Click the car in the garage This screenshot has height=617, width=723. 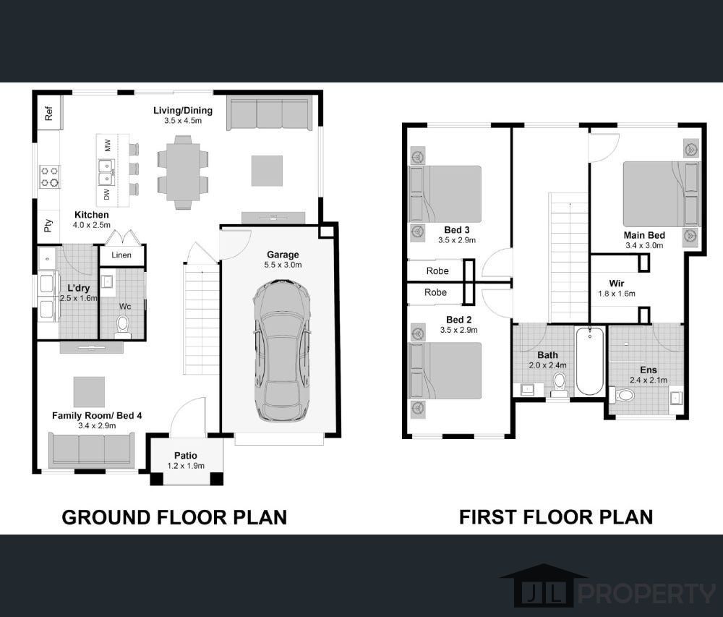[282, 351]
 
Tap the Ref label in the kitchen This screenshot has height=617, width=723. [49, 113]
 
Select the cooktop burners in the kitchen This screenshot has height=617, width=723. [49, 176]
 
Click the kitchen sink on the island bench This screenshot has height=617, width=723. [106, 172]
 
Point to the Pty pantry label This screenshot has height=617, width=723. [48, 226]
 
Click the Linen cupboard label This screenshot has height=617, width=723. [121, 255]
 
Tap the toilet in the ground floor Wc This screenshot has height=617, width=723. [123, 325]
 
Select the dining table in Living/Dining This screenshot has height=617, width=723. [183, 172]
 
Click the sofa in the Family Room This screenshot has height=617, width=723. [92, 450]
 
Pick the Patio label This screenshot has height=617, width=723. [186, 456]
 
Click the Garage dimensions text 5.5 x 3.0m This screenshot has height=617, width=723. [283, 265]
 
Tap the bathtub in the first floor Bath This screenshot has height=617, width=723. [590, 361]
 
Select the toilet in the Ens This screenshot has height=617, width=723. [623, 395]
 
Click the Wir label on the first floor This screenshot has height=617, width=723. [617, 283]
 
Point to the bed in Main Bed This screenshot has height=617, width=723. [662, 194]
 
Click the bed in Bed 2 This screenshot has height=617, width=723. [445, 370]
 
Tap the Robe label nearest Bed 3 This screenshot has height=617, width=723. [437, 271]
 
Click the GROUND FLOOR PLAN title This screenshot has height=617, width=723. [174, 517]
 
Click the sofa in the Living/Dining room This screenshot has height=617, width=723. [269, 114]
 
